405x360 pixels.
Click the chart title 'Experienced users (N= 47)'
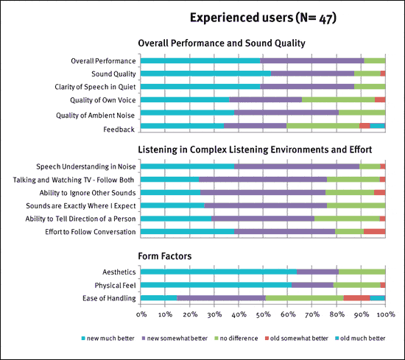click(263, 18)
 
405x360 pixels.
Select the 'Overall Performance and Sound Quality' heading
click(222, 43)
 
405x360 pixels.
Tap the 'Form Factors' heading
click(165, 256)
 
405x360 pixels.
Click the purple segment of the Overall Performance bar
click(312, 60)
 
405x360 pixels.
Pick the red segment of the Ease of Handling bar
click(356, 298)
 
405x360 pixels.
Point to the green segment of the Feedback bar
click(323, 126)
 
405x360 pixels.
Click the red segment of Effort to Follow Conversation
click(375, 231)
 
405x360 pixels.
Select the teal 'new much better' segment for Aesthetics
click(219, 272)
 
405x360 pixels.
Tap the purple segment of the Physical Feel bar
click(312, 285)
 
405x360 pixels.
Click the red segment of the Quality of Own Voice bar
click(380, 99)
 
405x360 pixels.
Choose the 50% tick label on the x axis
click(264, 314)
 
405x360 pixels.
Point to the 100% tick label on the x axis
click(387, 314)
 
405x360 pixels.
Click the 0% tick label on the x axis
click(141, 314)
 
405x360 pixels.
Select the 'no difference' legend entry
click(236, 339)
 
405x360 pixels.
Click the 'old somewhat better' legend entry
click(297, 339)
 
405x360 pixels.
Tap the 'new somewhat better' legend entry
click(175, 339)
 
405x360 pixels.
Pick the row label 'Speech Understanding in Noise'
click(85, 166)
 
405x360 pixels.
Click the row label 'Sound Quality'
click(113, 74)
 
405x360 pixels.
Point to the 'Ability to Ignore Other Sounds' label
click(88, 193)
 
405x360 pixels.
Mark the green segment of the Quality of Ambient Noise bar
click(362, 113)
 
